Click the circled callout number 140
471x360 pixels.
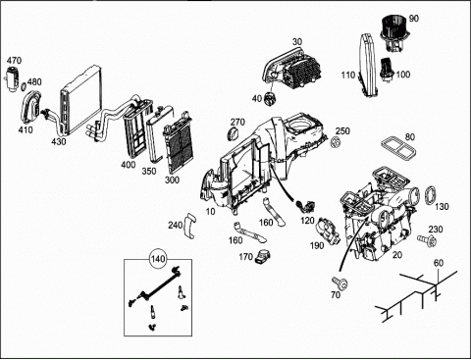coord(158,259)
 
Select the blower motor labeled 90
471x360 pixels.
coord(392,36)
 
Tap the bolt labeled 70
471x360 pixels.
coord(340,283)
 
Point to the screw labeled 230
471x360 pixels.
coord(427,239)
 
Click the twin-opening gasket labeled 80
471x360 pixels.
coord(398,147)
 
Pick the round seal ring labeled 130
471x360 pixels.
coord(431,195)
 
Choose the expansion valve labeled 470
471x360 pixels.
coord(13,78)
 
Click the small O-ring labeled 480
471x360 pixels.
coord(24,87)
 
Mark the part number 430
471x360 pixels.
coord(59,141)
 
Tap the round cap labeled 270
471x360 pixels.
coord(233,134)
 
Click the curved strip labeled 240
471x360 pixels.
coord(189,226)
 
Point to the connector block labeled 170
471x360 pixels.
coord(262,256)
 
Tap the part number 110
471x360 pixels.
coord(348,76)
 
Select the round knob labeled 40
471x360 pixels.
coord(271,99)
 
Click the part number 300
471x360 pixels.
coord(172,180)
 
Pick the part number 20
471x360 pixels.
coord(397,255)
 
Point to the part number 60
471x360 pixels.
coord(439,263)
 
